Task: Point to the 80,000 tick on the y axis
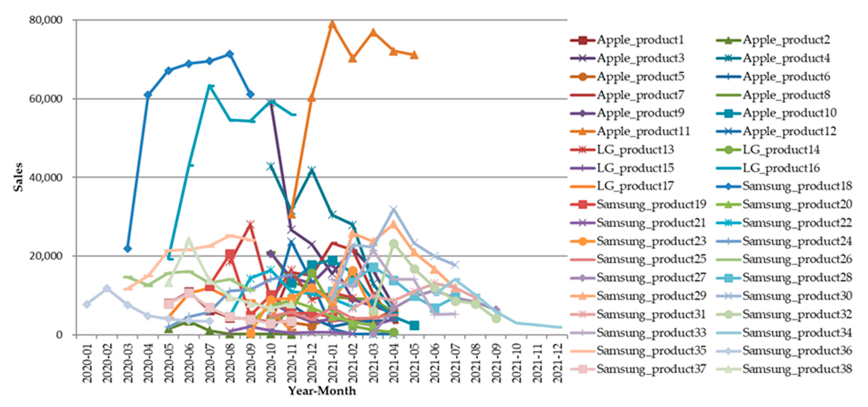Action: [x=46, y=20]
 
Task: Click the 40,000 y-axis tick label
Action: [x=46, y=177]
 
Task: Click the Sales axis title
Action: [x=19, y=177]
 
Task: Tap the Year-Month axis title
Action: [x=322, y=391]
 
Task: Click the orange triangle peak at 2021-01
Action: [x=332, y=24]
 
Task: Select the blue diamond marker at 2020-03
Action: [x=127, y=249]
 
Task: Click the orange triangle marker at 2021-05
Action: [x=414, y=55]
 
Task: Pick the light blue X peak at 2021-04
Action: [x=393, y=209]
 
